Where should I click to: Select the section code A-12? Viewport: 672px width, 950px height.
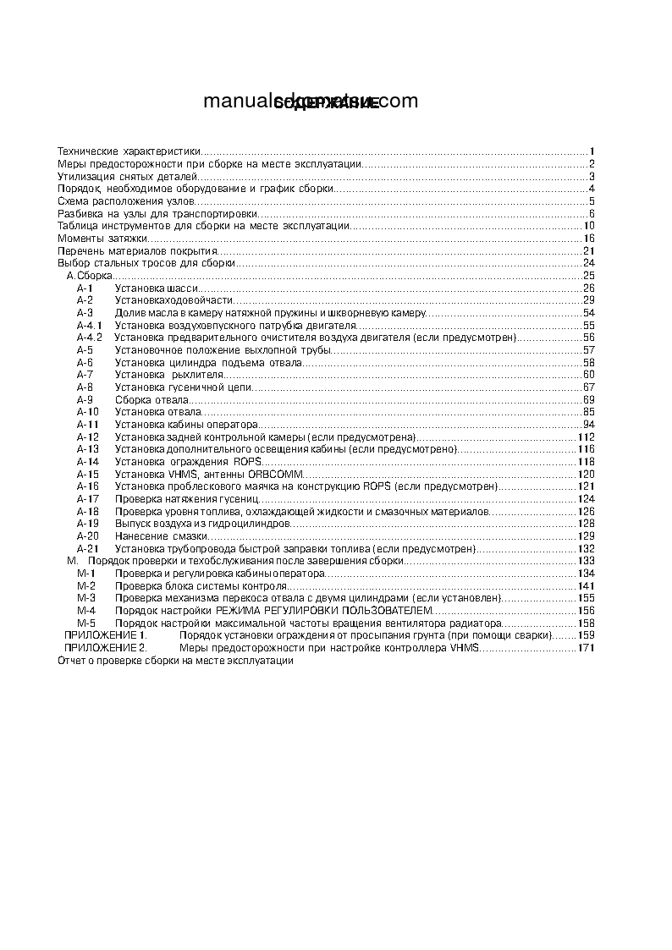coord(88,437)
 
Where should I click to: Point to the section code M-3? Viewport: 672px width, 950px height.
coord(86,598)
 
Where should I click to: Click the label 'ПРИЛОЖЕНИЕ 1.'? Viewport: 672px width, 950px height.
coord(106,635)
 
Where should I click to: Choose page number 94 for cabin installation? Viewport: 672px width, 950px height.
coord(589,425)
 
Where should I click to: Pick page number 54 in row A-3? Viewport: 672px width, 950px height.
coord(589,313)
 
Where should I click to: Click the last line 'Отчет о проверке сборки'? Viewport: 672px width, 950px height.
coord(174,661)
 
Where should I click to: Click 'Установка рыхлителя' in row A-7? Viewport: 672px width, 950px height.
coord(168,375)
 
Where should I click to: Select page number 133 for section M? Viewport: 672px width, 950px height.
coord(587,561)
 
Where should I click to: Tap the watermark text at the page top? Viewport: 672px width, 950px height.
coord(311,102)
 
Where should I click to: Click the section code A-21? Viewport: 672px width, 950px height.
coord(88,549)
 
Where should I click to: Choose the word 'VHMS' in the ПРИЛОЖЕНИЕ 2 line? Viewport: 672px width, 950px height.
coord(465,648)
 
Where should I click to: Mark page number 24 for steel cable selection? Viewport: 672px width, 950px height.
coord(589,263)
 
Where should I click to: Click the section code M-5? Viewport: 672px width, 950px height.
coord(86,623)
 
